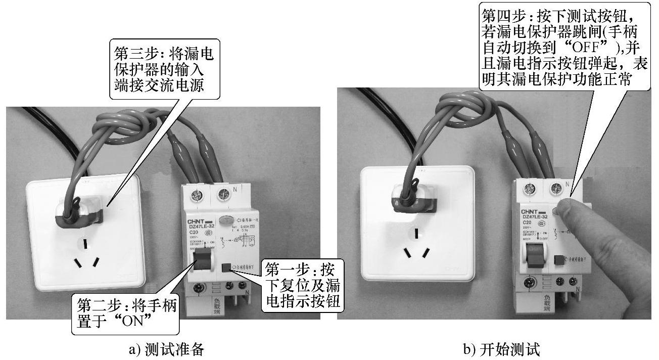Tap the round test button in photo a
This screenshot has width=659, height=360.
coord(226,220)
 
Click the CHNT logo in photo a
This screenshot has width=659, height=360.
coord(199,221)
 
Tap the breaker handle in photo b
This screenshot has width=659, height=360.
coord(534,254)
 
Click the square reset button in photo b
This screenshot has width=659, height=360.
coord(559,260)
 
